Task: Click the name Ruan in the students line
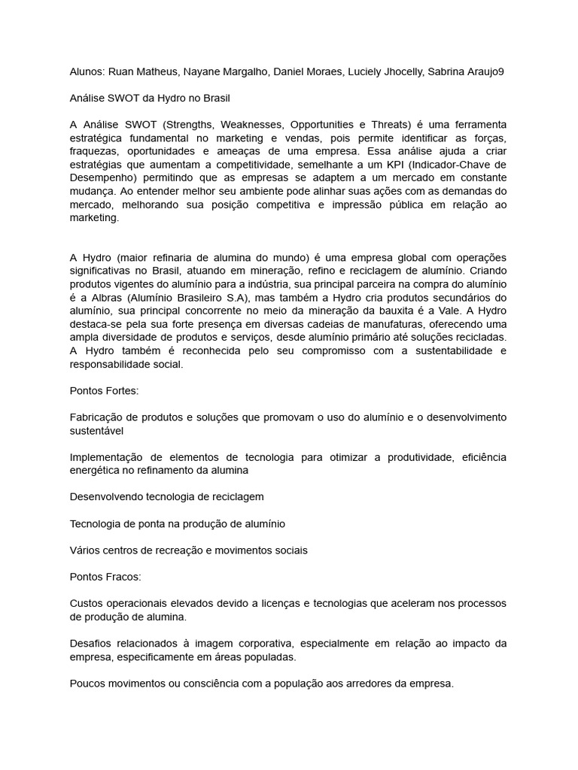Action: [123, 71]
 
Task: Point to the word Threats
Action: [387, 124]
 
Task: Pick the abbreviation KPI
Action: [402, 165]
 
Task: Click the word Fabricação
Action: [99, 417]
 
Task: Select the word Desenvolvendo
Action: [107, 497]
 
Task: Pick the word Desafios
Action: [92, 643]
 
